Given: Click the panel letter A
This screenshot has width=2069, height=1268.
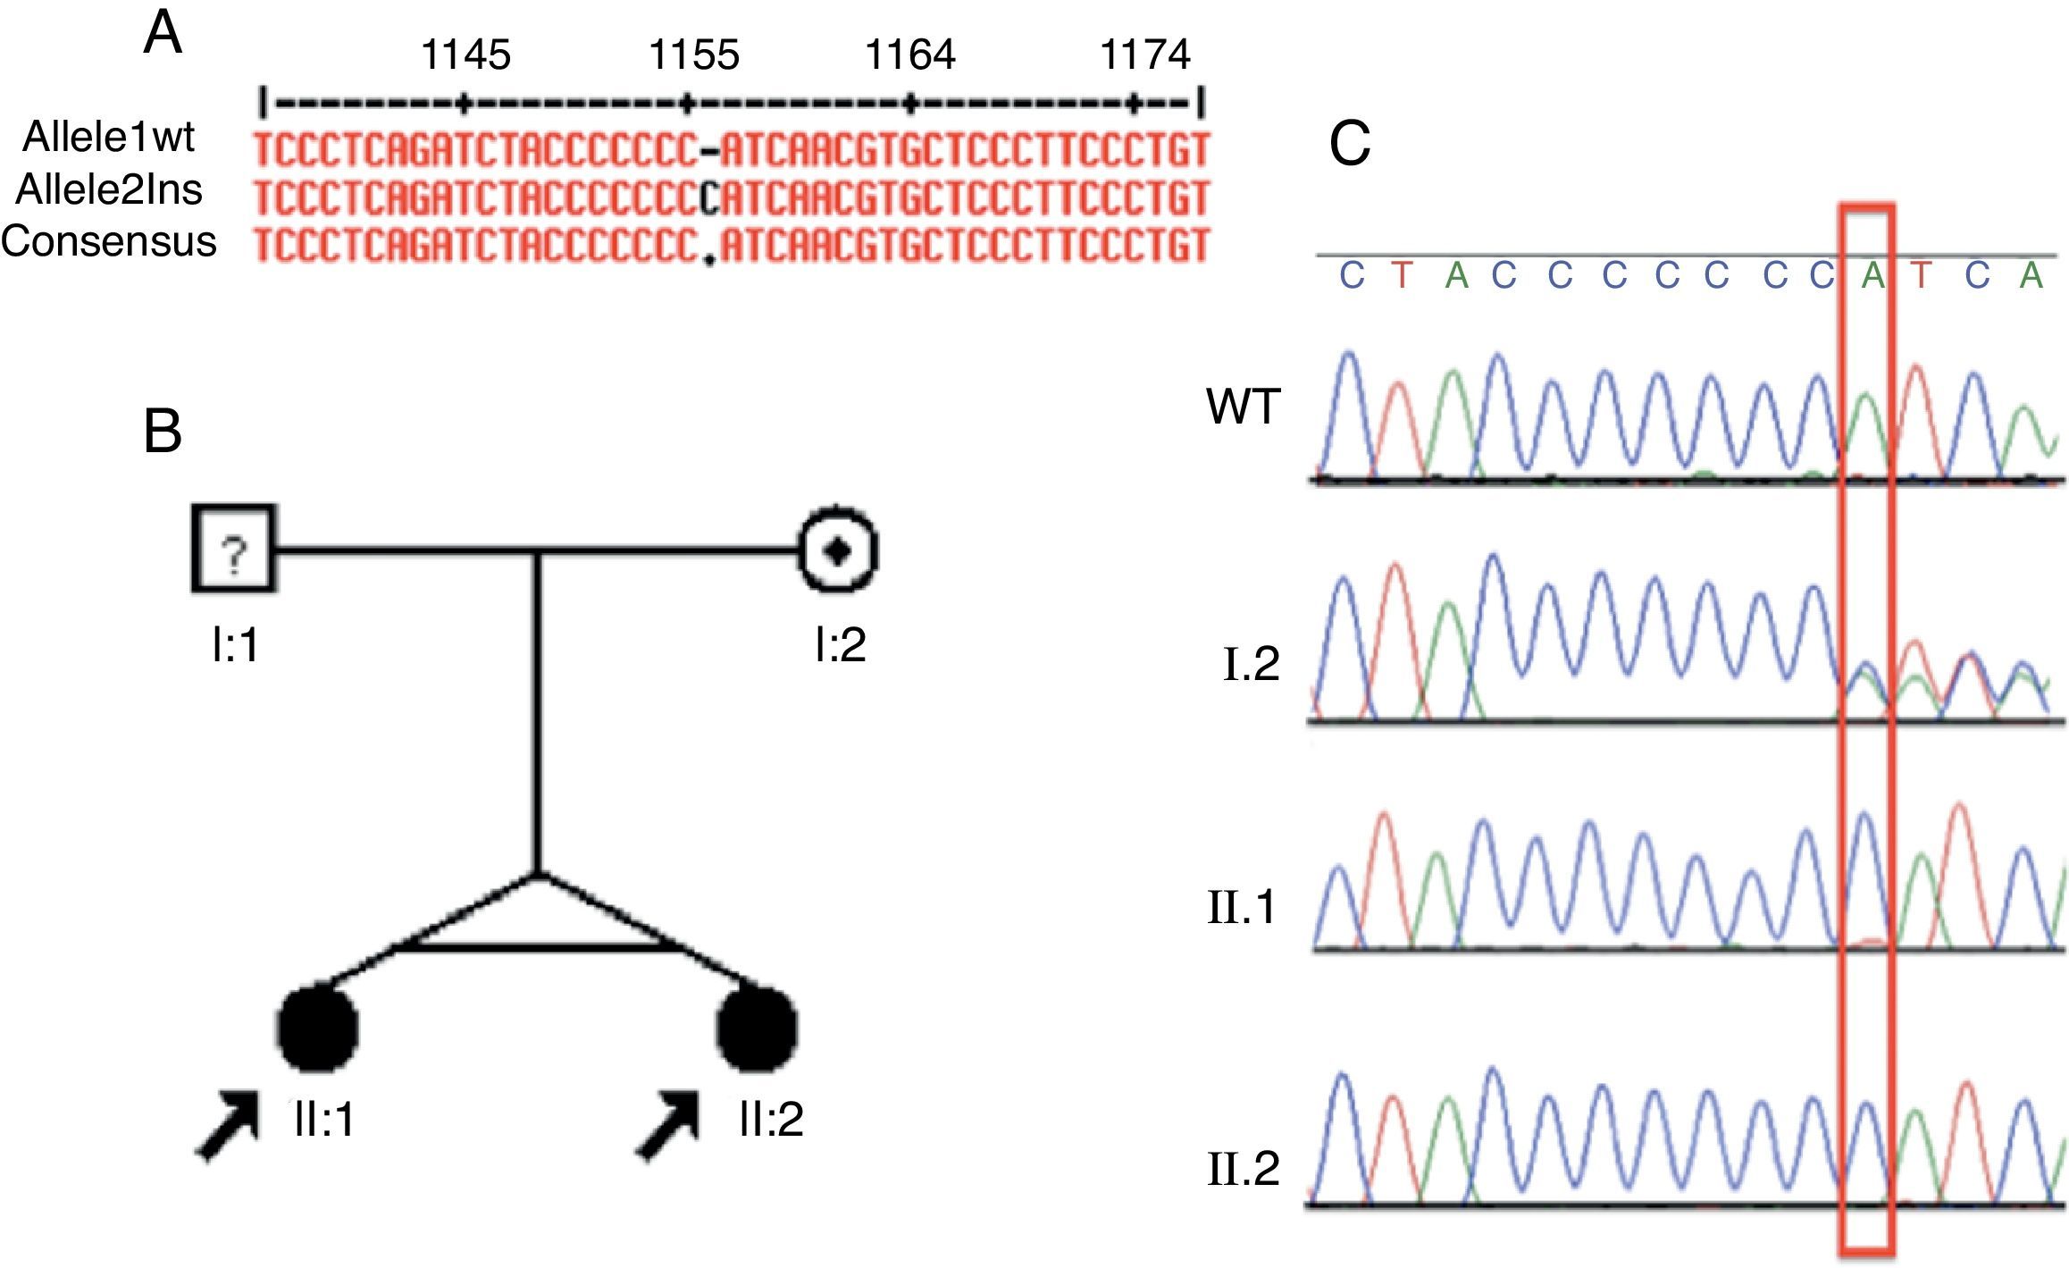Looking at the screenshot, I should click(163, 36).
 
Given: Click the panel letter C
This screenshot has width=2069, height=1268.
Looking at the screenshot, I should click(1349, 145).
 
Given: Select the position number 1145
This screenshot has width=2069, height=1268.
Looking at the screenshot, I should click(465, 55).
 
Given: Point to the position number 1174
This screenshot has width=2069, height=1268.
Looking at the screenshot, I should click(1144, 55).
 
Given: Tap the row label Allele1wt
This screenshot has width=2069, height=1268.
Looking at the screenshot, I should click(109, 138).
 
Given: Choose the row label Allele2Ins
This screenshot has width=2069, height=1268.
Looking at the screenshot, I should click(109, 189).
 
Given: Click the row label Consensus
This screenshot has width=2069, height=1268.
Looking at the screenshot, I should click(109, 241).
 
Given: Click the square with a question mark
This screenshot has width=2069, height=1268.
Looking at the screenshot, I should click(234, 549).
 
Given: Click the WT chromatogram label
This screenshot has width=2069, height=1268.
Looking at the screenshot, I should click(1244, 407).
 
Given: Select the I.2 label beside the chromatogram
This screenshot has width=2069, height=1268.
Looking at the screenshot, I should click(1251, 663).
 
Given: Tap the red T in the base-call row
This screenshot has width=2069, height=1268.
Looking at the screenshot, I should click(1402, 276).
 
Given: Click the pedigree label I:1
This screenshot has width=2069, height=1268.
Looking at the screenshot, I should click(235, 643).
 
